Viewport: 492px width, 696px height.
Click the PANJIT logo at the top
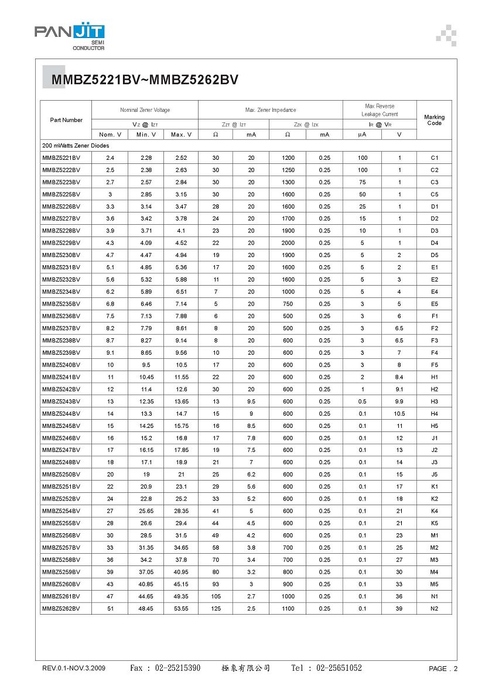pos(69,36)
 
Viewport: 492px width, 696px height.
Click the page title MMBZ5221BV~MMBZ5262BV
pos(145,81)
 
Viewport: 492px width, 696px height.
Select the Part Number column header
pos(66,120)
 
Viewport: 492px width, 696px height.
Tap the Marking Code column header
pos(434,120)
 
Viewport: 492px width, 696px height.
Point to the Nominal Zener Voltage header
pos(145,110)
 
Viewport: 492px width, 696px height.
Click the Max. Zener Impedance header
pos(270,110)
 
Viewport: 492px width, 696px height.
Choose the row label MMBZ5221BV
pos(61,158)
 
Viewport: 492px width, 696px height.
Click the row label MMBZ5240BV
pos(61,365)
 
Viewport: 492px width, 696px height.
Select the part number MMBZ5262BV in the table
pos(61,609)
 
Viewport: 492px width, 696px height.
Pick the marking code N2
pos(434,609)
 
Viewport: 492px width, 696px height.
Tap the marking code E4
pos(434,292)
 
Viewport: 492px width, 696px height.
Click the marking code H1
pos(434,378)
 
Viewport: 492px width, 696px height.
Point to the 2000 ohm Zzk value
pos(288,243)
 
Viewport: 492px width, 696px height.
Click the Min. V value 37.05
pos(145,572)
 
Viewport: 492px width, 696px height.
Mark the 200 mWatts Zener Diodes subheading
pos(76,145)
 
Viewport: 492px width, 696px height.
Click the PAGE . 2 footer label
pos(443,668)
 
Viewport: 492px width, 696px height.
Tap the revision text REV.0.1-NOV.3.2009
pos(74,668)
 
